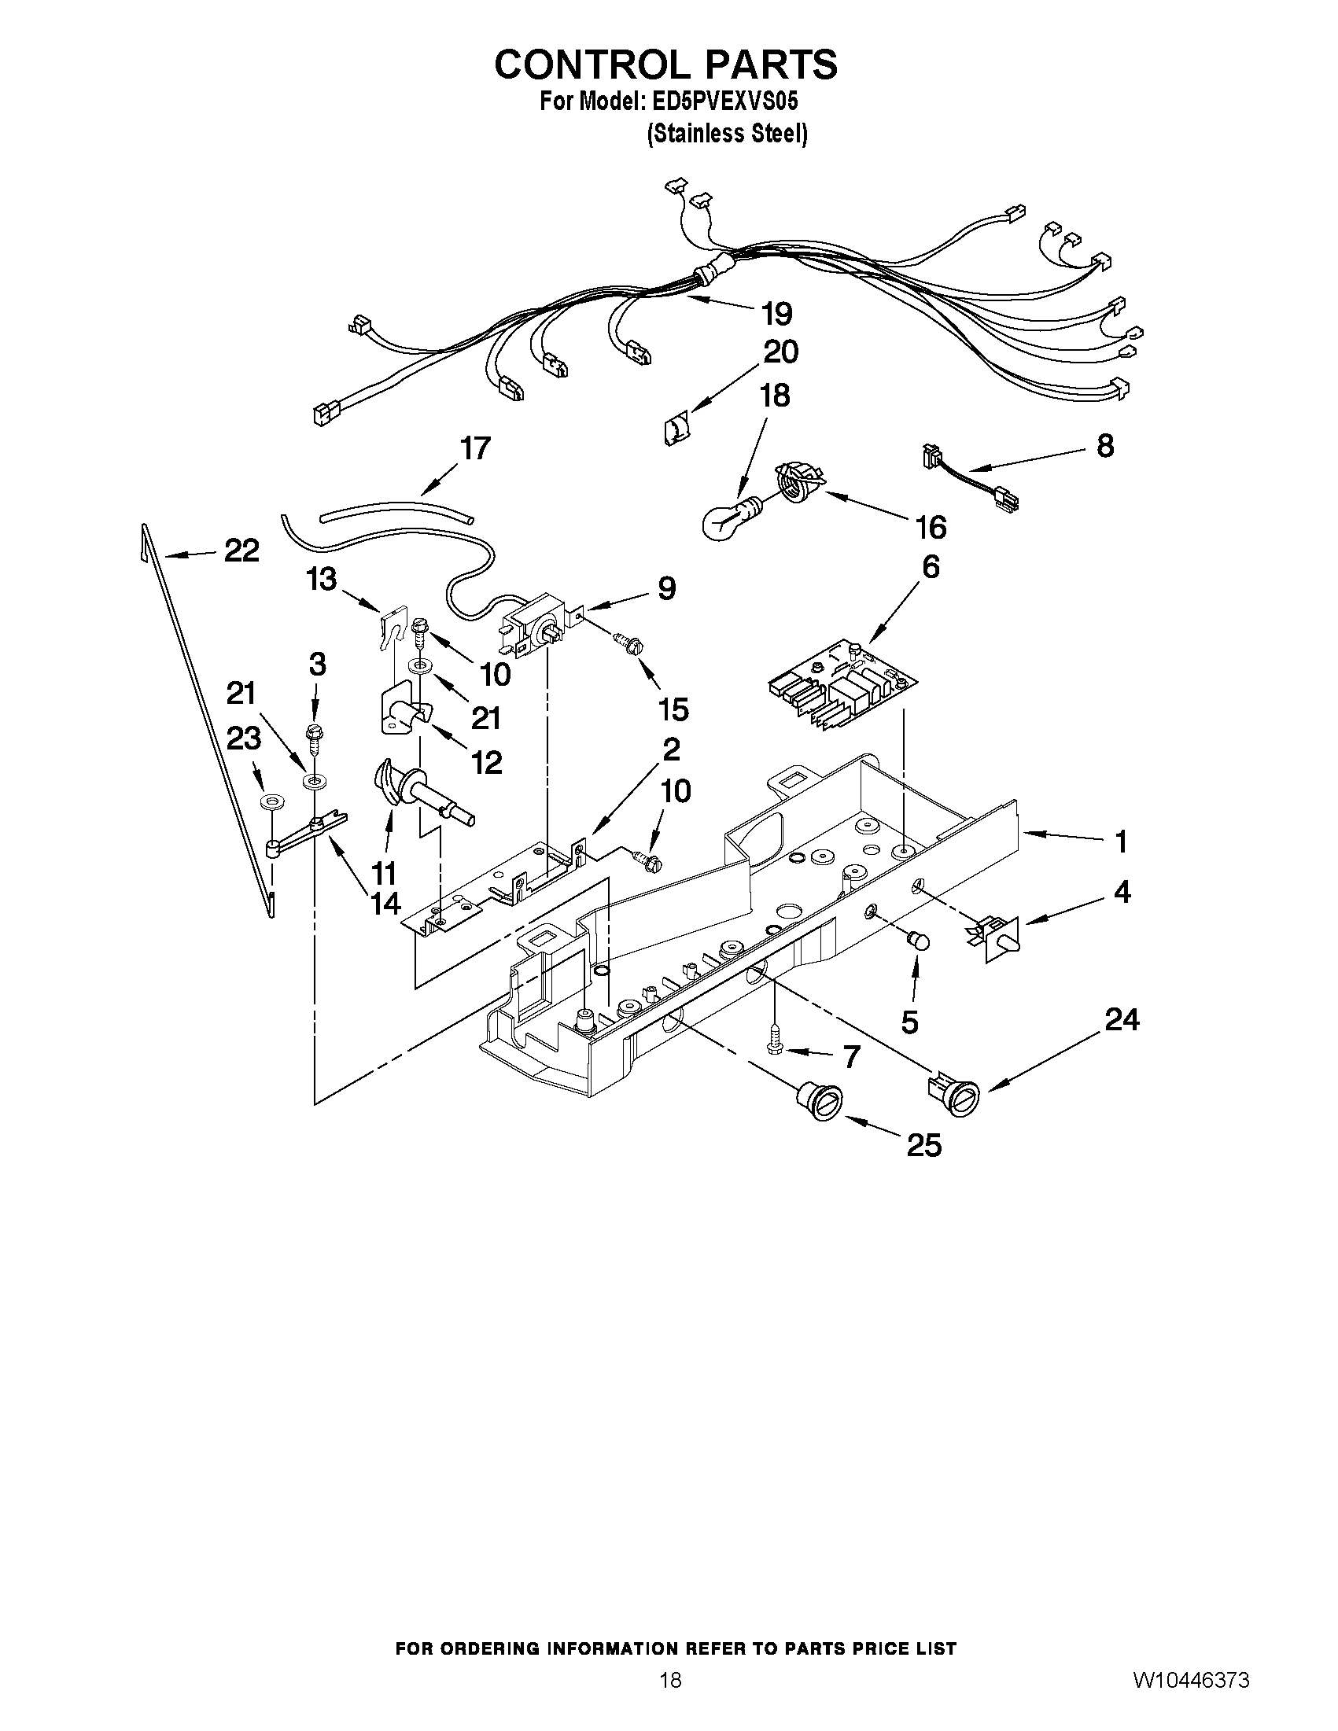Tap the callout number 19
[x=776, y=315]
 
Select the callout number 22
[x=241, y=550]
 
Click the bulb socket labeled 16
[x=800, y=481]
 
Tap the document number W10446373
[x=1191, y=1697]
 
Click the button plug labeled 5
[x=917, y=941]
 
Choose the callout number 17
[x=476, y=448]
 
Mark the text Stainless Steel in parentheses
[x=727, y=135]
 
